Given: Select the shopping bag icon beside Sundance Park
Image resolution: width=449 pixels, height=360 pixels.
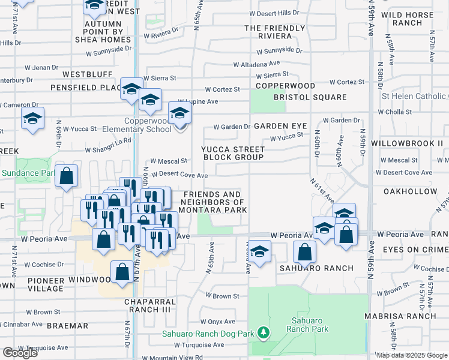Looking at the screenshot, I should click(x=67, y=177).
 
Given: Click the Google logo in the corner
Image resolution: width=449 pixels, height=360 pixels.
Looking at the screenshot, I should click(x=20, y=353).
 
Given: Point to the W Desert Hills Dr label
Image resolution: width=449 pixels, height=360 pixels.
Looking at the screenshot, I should click(x=274, y=13).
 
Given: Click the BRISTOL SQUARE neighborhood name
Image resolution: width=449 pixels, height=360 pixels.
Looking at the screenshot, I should click(x=310, y=97).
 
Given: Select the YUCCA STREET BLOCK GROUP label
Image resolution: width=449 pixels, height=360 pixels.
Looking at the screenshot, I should click(x=233, y=153).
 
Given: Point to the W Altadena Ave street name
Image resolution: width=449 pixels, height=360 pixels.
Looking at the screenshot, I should click(x=256, y=64).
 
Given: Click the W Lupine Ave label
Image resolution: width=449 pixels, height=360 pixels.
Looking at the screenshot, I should click(x=197, y=101).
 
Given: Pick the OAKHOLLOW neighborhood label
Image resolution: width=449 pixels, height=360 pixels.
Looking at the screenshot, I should click(x=410, y=191).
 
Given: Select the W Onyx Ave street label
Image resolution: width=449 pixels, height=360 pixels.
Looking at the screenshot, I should click(x=218, y=322).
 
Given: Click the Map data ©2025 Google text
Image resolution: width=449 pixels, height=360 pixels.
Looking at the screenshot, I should click(x=412, y=355).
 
